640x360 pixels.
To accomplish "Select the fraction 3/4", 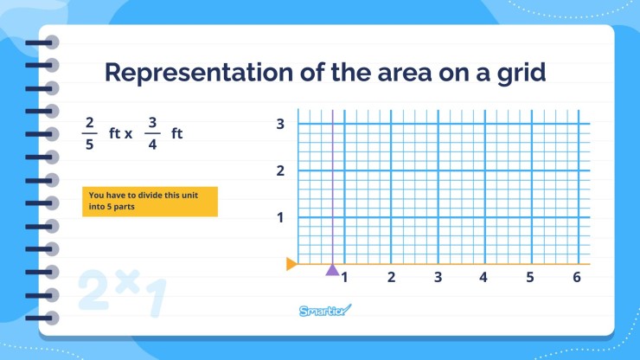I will pyautogui.click(x=152, y=134).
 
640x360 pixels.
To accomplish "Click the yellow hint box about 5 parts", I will pyautogui.click(x=150, y=202).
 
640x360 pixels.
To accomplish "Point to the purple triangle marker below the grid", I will pyautogui.click(x=332, y=269).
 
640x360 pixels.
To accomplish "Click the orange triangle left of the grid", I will pyautogui.click(x=291, y=264).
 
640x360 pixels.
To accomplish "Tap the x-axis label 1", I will pyautogui.click(x=344, y=278).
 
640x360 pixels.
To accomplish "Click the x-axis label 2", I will pyautogui.click(x=391, y=278).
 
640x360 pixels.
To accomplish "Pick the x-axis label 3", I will pyautogui.click(x=438, y=278).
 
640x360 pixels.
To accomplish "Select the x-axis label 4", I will pyautogui.click(x=483, y=278).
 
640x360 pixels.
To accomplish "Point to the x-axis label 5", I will pyautogui.click(x=530, y=278).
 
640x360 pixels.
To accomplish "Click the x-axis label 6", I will pyautogui.click(x=576, y=278).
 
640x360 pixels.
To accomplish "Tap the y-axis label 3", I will pyautogui.click(x=280, y=124).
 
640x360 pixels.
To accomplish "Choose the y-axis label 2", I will pyautogui.click(x=280, y=170).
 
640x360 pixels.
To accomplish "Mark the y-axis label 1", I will pyautogui.click(x=280, y=217).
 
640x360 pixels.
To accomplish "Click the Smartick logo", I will pyautogui.click(x=325, y=311).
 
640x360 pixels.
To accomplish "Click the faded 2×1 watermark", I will pyautogui.click(x=121, y=292).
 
